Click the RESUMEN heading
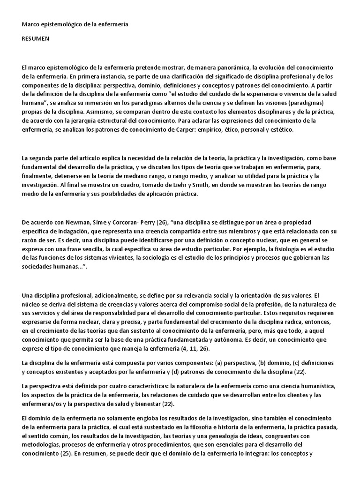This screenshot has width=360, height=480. (35, 39)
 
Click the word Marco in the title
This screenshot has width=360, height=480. (32, 23)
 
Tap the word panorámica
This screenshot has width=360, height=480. (221, 67)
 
